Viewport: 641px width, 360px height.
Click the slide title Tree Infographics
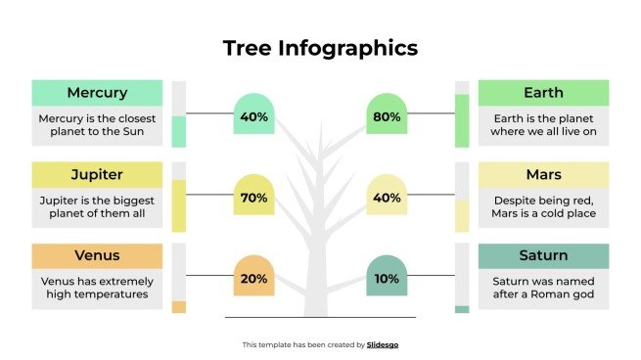point(320,47)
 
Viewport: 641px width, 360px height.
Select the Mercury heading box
point(97,93)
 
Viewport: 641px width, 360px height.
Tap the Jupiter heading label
point(97,175)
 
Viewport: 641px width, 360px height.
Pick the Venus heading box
point(97,256)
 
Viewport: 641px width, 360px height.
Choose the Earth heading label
point(543,93)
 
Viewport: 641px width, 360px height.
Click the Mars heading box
point(543,175)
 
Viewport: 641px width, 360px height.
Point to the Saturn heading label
point(543,256)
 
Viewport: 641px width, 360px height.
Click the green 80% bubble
point(387,115)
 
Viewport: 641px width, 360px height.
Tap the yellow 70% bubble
point(253,197)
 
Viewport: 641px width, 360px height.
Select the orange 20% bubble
point(253,278)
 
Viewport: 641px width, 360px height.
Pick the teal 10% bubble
point(387,278)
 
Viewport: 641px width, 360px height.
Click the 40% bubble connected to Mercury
point(253,115)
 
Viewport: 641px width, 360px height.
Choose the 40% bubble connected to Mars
point(387,197)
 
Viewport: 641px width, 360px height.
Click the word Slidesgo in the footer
point(383,344)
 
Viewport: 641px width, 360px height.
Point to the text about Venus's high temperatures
point(97,288)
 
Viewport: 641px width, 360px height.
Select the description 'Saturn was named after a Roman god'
point(543,288)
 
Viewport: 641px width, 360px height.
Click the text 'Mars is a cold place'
point(543,215)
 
